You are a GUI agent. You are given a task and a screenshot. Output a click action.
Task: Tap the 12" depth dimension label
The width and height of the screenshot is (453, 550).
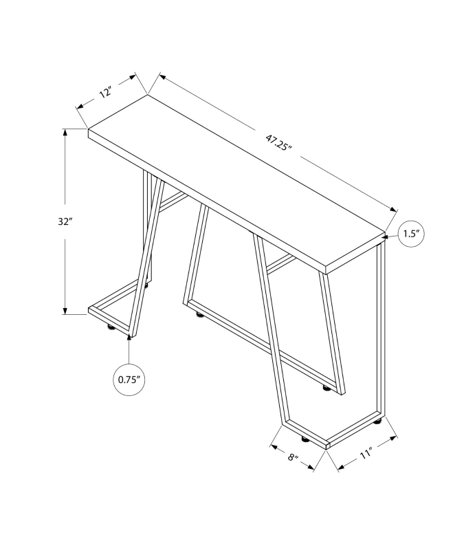pos(106,93)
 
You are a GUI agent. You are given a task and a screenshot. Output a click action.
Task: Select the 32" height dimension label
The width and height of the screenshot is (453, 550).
pos(65,221)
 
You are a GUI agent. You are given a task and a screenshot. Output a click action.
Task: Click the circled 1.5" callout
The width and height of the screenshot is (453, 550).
pos(411,234)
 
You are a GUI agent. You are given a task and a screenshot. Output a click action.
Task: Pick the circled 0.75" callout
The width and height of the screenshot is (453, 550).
pos(129,379)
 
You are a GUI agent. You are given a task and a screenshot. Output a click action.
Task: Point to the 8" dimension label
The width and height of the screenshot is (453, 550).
pos(293,458)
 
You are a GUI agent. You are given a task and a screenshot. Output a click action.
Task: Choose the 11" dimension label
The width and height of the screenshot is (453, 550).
pos(365,455)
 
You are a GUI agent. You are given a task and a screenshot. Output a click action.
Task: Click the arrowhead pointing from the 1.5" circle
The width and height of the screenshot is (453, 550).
pos(386,237)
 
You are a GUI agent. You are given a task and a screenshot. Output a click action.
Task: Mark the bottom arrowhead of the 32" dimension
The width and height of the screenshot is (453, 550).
pos(65,310)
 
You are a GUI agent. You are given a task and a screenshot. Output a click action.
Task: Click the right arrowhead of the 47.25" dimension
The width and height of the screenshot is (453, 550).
pos(393,209)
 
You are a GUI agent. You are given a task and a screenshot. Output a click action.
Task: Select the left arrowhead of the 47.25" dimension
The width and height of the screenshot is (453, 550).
pos(163,77)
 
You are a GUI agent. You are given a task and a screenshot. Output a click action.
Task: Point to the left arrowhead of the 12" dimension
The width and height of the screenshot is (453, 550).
pos(80,107)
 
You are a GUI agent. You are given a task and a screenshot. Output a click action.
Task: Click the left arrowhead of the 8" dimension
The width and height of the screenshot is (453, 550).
pos(274,447)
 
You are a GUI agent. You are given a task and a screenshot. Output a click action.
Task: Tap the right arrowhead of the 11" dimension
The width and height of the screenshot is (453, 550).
pos(393,438)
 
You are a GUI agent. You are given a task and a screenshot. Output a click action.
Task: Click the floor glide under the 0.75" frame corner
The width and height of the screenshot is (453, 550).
pos(111,328)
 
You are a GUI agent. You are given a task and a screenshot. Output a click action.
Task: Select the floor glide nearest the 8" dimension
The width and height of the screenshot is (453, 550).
pos(304,439)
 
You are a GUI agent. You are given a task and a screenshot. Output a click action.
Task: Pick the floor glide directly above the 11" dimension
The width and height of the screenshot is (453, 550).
pos(377,421)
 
